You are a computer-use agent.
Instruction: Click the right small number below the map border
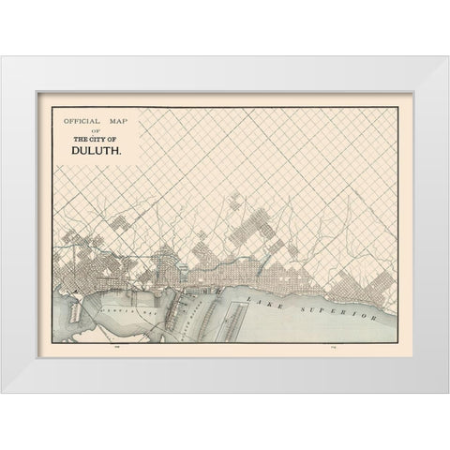click(334, 347)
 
